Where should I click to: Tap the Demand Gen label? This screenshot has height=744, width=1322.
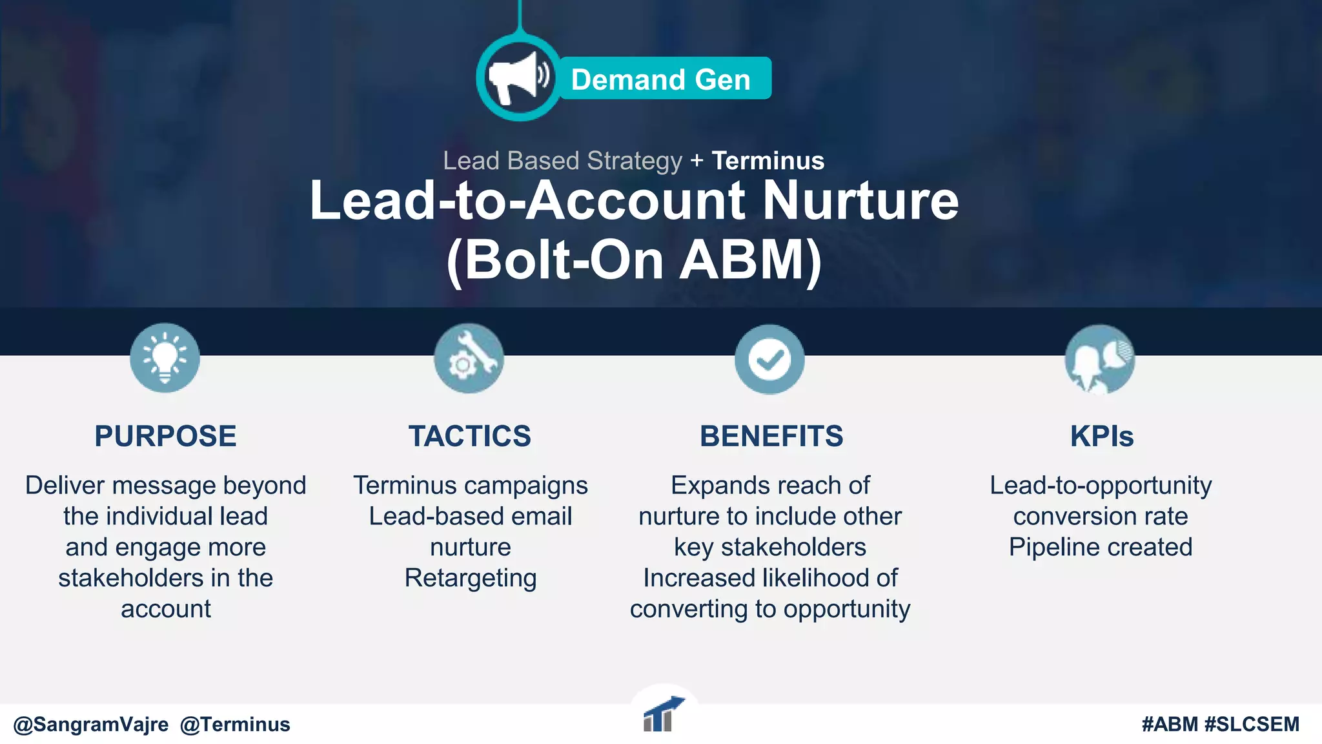point(661,79)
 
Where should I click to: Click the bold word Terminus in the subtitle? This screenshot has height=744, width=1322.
point(768,161)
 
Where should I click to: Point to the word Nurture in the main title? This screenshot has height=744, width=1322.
point(860,201)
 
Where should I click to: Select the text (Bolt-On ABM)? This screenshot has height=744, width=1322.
point(634,260)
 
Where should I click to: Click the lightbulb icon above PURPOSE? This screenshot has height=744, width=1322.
point(165,358)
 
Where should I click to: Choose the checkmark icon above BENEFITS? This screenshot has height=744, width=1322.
point(769,359)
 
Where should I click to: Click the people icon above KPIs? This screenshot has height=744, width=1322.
point(1099,359)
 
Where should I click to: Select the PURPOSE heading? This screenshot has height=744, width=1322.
point(165,437)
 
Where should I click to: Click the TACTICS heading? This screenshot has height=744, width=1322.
point(470,437)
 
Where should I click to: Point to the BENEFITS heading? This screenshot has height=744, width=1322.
point(771,437)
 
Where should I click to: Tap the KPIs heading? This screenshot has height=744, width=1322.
point(1101,437)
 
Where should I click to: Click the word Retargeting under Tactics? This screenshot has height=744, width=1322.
point(471,578)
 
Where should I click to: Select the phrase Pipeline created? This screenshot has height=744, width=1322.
point(1101,547)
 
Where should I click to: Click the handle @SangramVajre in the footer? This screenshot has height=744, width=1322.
point(91,725)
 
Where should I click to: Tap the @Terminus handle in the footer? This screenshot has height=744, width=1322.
point(235,725)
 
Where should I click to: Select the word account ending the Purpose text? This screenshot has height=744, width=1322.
point(166,609)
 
